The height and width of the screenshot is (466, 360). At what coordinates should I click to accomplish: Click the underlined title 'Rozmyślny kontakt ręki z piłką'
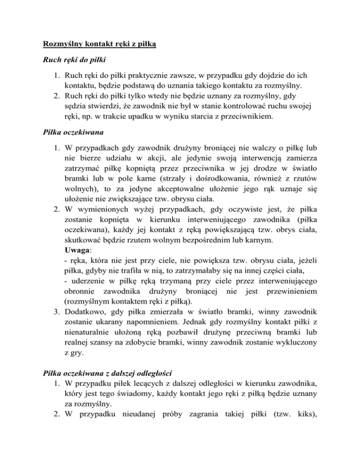99,45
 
